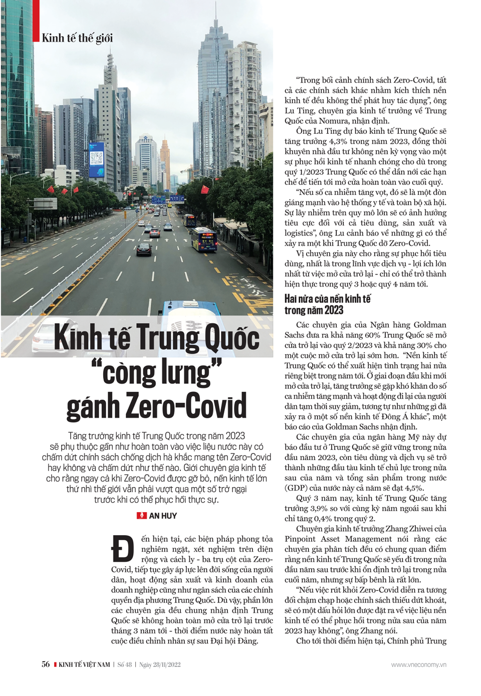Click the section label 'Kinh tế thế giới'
[x=77, y=38]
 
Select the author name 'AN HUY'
[x=163, y=516]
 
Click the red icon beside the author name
[x=142, y=516]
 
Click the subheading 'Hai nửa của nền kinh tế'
[x=328, y=299]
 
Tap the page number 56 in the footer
[x=46, y=664]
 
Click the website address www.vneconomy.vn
[x=418, y=664]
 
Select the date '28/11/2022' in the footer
[x=166, y=664]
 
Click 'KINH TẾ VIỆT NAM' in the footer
[x=84, y=664]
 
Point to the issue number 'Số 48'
[x=125, y=664]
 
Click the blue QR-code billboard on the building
[x=96, y=156]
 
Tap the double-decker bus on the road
[x=204, y=240]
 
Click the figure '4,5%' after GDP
[x=413, y=488]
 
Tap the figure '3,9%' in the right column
[x=322, y=509]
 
